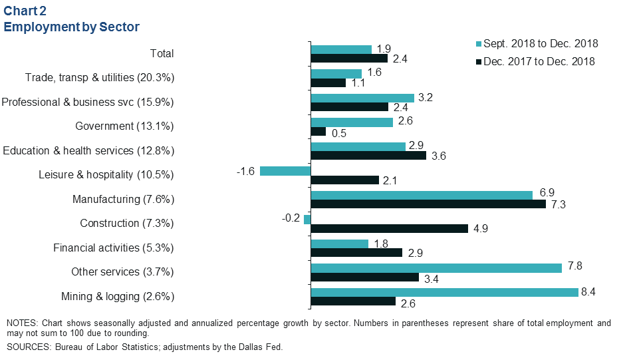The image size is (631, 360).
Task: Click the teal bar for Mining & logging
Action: click(444, 292)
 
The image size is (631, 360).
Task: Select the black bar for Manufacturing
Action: click(428, 204)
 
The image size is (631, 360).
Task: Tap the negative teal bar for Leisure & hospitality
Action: click(285, 171)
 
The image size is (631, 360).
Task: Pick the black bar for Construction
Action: click(389, 228)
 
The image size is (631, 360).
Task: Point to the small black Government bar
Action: click(318, 131)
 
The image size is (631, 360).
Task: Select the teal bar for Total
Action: click(341, 49)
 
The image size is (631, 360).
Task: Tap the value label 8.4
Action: click(591, 292)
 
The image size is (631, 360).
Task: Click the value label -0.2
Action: click(290, 219)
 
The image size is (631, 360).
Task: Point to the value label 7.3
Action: click(559, 205)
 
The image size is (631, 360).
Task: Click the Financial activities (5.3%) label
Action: click(114, 248)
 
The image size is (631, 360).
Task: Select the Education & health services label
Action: click(88, 151)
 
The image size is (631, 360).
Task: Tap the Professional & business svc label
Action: click(88, 102)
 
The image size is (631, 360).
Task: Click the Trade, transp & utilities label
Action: click(100, 78)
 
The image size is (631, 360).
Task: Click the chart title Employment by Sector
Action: click(72, 27)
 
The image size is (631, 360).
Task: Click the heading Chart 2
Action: click(27, 11)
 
